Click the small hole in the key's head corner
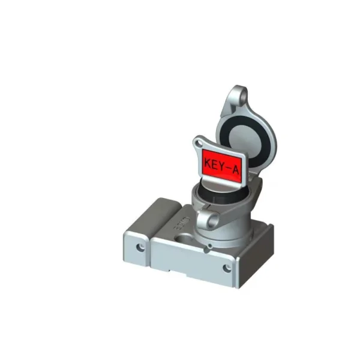pyautogui.click(x=198, y=143)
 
